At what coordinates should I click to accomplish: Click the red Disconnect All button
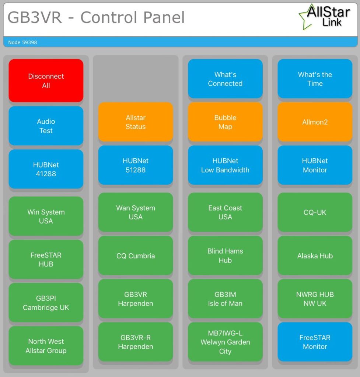click(46, 81)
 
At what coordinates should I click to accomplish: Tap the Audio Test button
click(46, 126)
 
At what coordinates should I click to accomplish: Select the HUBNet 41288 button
click(46, 169)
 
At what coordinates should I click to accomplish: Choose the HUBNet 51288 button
click(136, 165)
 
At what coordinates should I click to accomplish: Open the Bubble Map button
click(225, 122)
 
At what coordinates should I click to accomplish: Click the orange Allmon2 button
click(315, 122)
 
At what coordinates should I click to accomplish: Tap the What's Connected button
click(225, 79)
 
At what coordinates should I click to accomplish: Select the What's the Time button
click(315, 79)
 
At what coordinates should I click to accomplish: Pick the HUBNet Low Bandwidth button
click(225, 165)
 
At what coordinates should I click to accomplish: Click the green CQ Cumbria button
click(136, 256)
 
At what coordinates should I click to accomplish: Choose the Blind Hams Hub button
click(225, 256)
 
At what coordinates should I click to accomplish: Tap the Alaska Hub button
click(315, 256)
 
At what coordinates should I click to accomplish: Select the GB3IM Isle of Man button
click(225, 299)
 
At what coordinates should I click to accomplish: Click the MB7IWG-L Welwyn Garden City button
click(225, 342)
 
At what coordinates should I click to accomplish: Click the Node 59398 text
click(22, 42)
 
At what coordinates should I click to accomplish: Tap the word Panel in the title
click(164, 17)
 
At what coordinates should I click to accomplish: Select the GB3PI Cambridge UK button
click(46, 303)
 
